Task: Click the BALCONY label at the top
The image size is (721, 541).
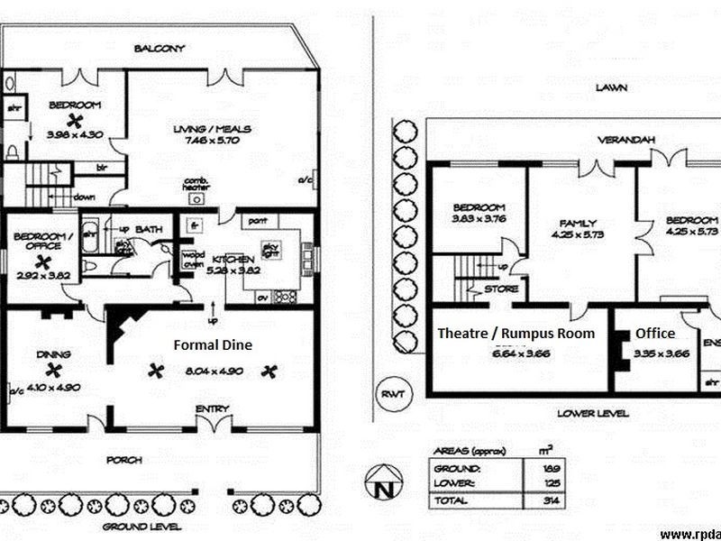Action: coord(159,49)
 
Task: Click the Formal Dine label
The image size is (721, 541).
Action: coord(213,344)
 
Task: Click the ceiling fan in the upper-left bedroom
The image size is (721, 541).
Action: coord(78,124)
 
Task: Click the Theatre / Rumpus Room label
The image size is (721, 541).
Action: coord(516,333)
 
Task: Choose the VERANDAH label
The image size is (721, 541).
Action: coord(629,139)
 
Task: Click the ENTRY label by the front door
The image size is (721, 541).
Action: coord(213,409)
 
